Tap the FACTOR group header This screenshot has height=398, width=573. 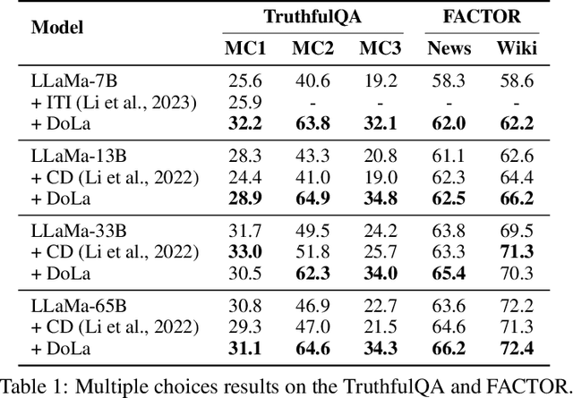tap(480, 16)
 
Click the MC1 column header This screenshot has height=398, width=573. tap(244, 47)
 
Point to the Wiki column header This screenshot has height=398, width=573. tap(517, 47)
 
